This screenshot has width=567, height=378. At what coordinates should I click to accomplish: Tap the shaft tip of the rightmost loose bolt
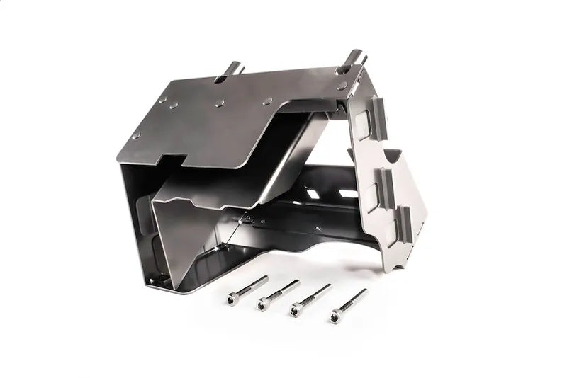click(364, 291)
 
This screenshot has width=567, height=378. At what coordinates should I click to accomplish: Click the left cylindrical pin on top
click(235, 69)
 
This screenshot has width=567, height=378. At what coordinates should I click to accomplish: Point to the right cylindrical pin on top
click(354, 57)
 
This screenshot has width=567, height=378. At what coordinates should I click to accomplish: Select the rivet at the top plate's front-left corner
click(135, 135)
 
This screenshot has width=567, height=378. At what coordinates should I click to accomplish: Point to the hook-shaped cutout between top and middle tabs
click(394, 152)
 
